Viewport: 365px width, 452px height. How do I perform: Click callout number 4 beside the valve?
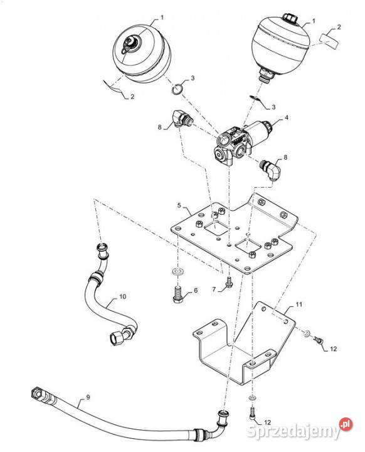[287, 117]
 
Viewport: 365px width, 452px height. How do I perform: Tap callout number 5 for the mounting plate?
[179, 205]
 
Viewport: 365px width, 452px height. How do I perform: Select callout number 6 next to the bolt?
[196, 290]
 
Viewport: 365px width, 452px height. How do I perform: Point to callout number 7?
[214, 289]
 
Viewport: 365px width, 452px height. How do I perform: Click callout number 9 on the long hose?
[88, 397]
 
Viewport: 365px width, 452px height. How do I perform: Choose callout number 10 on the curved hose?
[123, 296]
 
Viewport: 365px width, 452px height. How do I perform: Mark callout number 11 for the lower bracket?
[299, 304]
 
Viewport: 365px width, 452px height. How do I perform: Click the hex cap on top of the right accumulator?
[288, 18]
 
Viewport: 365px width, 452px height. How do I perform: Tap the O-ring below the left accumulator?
[177, 89]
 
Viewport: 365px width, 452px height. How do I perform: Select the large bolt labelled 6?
[177, 297]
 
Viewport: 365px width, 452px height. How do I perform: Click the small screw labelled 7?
[230, 282]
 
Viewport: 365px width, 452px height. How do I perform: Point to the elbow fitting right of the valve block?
[270, 169]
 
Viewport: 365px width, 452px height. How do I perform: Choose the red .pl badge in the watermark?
[346, 424]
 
